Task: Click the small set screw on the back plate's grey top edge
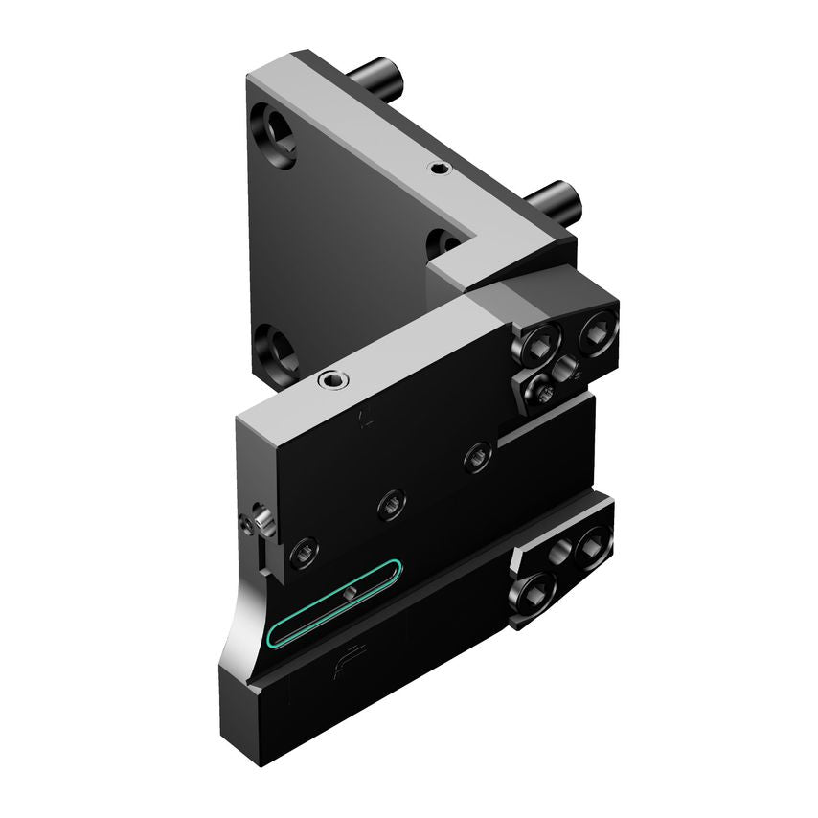point(439,170)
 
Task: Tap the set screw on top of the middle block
point(334,379)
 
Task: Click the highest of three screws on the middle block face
point(478,459)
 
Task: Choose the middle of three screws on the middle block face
point(391,503)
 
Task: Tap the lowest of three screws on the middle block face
point(303,549)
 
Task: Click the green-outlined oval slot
point(335,602)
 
